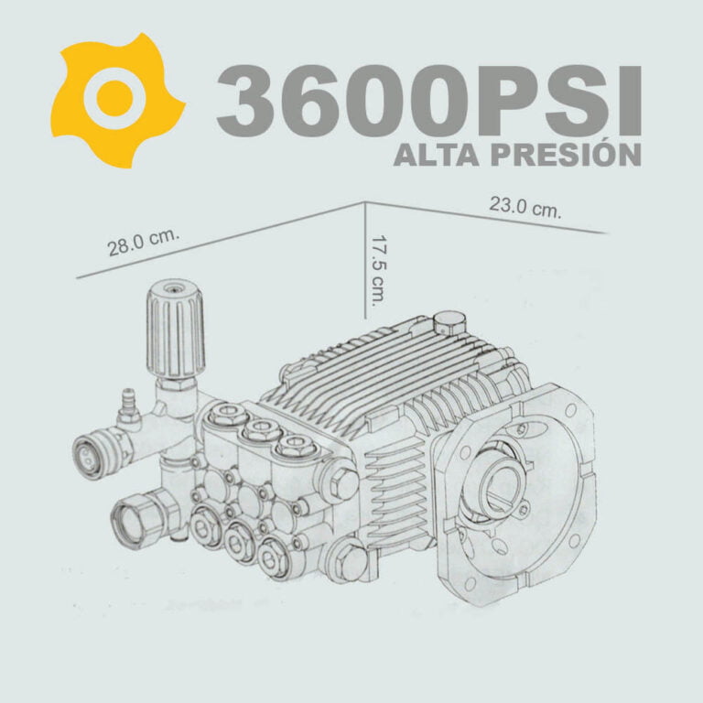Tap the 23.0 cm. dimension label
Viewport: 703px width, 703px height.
tap(525, 208)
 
